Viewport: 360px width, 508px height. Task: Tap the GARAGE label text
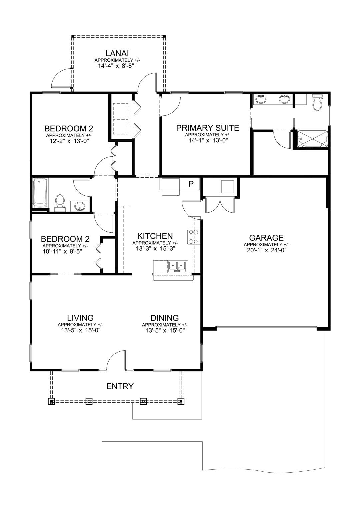coord(266,238)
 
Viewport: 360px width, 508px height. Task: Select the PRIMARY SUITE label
coord(207,128)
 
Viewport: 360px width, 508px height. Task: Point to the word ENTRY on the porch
coord(120,386)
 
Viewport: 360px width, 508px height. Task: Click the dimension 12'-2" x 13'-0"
coord(69,141)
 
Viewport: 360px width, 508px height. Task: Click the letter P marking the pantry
coord(191,184)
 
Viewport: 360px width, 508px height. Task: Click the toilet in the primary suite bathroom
coord(317,103)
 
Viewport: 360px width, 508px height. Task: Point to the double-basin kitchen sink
coord(177,266)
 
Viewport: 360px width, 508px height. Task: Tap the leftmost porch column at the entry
coord(51,401)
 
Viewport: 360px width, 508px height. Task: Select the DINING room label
coord(164,318)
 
